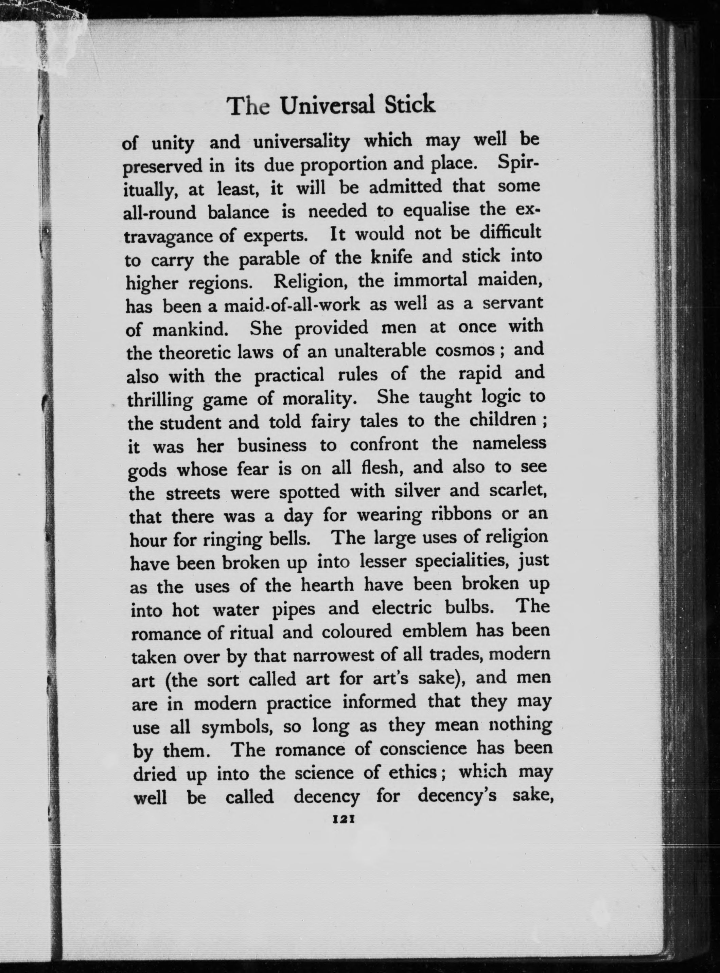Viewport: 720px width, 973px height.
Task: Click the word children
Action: pos(503,420)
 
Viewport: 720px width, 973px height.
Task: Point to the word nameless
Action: pos(509,444)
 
